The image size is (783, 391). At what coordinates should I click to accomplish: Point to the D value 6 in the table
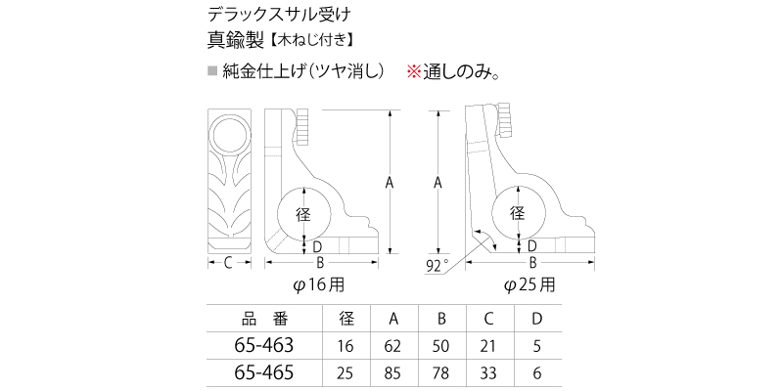pos(535,372)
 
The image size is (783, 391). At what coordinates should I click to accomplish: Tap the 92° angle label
pos(438,264)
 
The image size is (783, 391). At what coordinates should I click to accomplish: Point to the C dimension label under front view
pos(227,262)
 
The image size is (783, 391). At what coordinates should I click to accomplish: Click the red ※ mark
pos(414,71)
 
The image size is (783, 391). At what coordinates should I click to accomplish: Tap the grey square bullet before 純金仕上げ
pos(212,71)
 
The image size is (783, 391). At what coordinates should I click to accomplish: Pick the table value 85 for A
pos(393,372)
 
